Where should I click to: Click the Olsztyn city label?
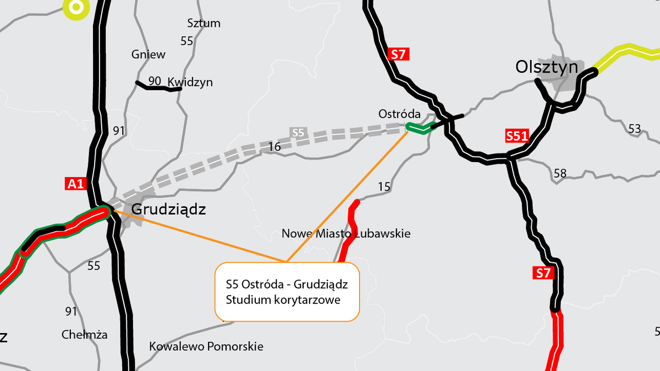tap(547, 67)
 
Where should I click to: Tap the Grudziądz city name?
tap(168, 209)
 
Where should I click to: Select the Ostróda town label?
tap(399, 114)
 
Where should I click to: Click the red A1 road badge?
tap(75, 184)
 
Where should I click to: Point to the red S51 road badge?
tap(516, 136)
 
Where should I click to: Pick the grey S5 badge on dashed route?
tap(298, 132)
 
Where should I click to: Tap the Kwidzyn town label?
tap(190, 82)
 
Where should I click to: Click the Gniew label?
tap(148, 54)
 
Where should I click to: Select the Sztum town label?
tap(204, 23)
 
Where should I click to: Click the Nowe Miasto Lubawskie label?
tap(346, 234)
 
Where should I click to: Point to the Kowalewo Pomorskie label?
tap(206, 347)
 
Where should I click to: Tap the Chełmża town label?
tap(85, 335)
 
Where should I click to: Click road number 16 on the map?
tap(274, 146)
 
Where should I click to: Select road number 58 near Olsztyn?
tap(560, 174)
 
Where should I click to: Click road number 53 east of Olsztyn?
tap(634, 129)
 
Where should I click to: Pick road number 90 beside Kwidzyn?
tap(155, 81)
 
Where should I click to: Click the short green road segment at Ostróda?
tap(421, 129)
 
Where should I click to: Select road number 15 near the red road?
tap(384, 187)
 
